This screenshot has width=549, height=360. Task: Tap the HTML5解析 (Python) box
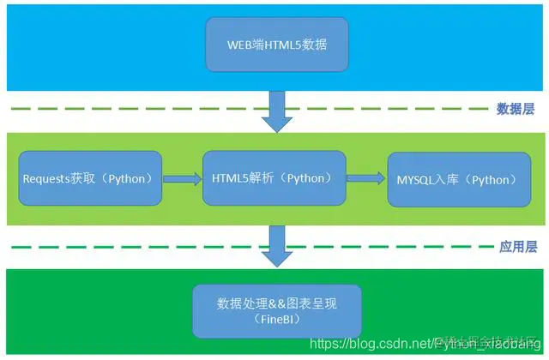(274, 178)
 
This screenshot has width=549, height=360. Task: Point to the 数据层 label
(516, 109)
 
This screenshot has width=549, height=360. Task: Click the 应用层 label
(517, 247)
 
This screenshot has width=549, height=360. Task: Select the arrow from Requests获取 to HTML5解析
(181, 178)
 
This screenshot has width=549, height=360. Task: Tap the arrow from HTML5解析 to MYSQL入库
(365, 178)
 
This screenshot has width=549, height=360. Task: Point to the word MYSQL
(413, 180)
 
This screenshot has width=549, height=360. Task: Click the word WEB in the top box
(239, 44)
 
